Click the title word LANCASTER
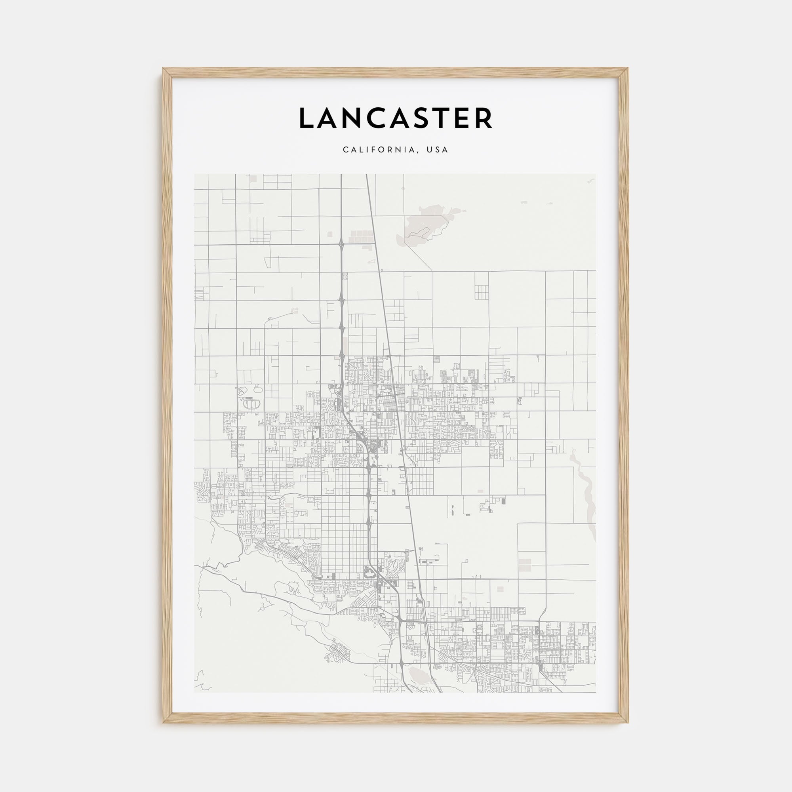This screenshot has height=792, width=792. (396, 118)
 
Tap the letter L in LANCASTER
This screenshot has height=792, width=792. (305, 118)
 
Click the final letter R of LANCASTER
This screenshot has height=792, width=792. (484, 118)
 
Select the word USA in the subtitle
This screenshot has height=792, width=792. (437, 150)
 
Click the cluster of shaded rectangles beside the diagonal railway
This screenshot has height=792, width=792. (361, 236)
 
